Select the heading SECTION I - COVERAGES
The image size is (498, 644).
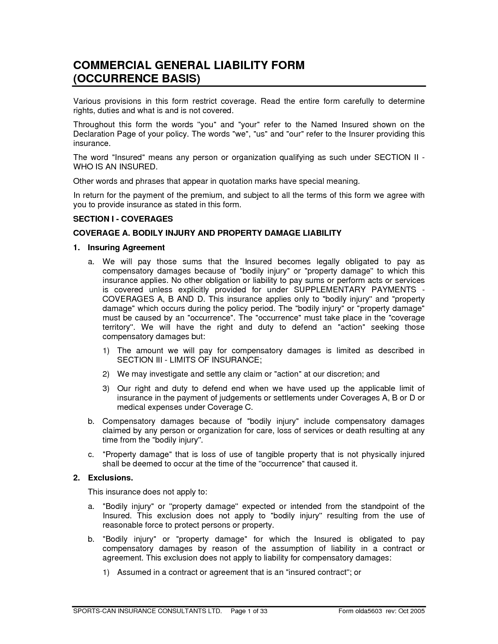click(123, 219)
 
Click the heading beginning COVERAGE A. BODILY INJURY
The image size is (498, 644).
click(207, 233)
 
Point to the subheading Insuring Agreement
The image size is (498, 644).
click(126, 247)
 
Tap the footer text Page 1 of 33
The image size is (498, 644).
click(249, 611)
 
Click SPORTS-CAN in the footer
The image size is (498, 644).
click(91, 611)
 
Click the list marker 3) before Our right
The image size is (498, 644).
click(106, 388)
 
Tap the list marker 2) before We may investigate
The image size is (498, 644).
click(106, 374)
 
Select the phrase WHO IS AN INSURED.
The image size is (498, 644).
click(116, 167)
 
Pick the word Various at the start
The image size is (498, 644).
click(87, 101)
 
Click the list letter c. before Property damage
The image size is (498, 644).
click(91, 454)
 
